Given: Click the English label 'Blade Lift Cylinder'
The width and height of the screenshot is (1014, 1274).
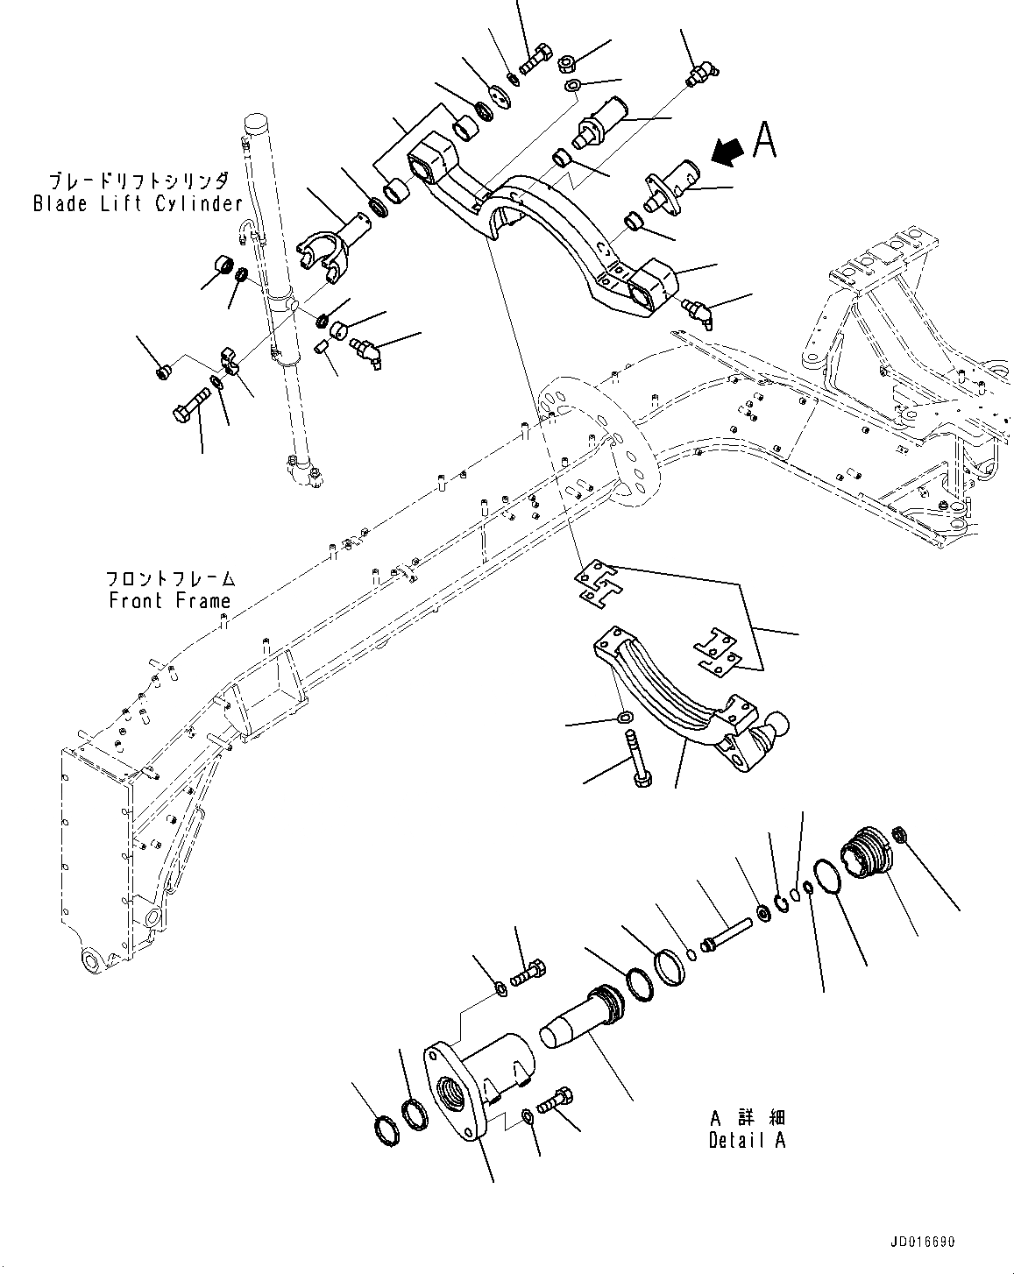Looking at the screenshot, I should click(x=138, y=203).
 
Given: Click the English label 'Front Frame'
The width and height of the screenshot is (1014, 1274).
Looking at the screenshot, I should click(x=169, y=600).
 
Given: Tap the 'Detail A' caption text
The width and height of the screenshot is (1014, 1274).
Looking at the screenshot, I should click(x=747, y=1140).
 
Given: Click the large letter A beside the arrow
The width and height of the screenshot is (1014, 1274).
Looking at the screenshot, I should click(x=764, y=140).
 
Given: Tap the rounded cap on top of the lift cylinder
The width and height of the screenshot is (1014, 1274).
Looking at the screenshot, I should click(x=256, y=123).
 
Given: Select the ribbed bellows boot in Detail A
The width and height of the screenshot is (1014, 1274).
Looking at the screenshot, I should click(x=863, y=850).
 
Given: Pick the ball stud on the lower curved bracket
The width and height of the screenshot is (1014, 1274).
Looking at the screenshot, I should click(x=776, y=729).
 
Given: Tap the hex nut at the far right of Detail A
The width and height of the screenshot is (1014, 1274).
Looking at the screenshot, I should click(x=900, y=833).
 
